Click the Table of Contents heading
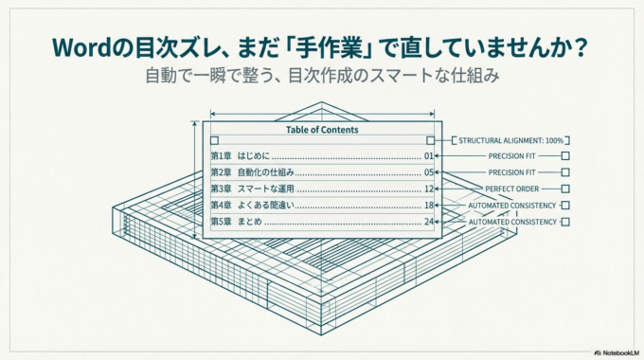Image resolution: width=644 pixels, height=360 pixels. [322, 129]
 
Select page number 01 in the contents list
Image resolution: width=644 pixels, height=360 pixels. [429, 155]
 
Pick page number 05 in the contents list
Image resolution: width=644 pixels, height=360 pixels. [429, 172]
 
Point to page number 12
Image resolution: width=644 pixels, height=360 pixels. [429, 189]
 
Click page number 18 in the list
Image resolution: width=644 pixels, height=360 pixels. [429, 205]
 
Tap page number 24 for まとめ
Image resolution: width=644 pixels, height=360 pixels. [429, 222]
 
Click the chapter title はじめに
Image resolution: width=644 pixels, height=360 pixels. [254, 155]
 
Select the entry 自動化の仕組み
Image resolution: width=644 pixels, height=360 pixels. [266, 172]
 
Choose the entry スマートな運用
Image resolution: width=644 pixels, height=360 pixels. [266, 189]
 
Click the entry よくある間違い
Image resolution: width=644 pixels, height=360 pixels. [266, 205]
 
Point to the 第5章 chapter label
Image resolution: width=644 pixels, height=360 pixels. [221, 222]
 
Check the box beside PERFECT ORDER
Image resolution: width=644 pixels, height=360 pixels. [565, 189]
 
